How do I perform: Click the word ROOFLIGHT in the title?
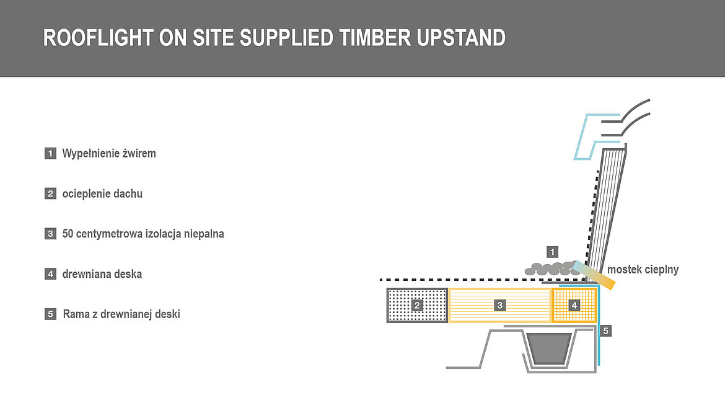point(98,38)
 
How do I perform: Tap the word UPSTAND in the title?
point(461,38)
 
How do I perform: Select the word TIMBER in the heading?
point(374,38)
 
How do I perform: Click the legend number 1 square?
point(50,153)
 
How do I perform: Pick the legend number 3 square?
point(50,234)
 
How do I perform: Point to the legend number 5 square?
point(50,314)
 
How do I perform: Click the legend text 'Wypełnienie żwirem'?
point(109,154)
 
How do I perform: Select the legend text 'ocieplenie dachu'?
point(102,194)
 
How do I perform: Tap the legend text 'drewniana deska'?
point(102,274)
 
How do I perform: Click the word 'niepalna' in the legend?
point(204,234)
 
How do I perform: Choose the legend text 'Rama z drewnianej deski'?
point(121,314)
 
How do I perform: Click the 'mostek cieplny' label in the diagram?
point(643,270)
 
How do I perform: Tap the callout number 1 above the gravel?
point(552,252)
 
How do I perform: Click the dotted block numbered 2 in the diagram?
point(417,305)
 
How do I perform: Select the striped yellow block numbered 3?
point(500,305)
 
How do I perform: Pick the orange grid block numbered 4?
point(574,305)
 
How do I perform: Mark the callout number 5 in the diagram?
point(605,330)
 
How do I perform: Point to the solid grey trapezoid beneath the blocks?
point(549,348)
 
